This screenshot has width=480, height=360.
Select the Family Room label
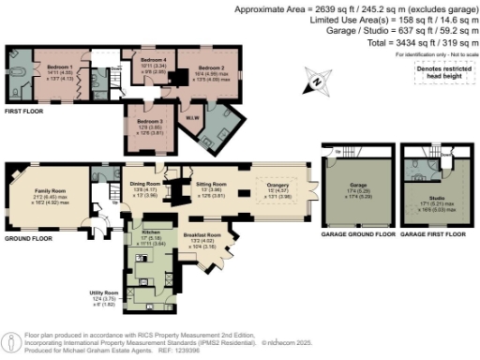[x=49, y=190]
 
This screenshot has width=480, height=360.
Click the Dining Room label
[x=143, y=184]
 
